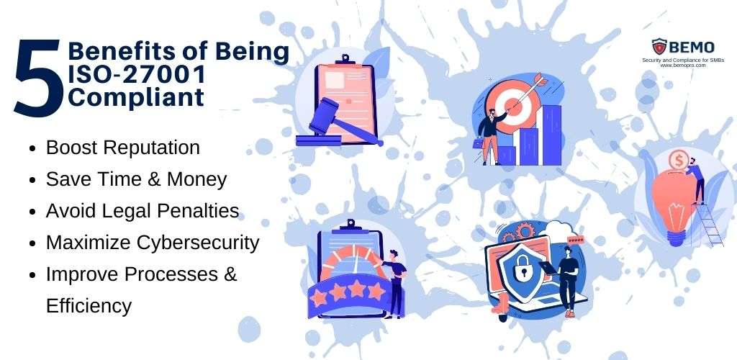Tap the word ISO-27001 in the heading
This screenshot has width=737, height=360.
pyautogui.click(x=137, y=74)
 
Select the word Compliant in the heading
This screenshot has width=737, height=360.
pyautogui.click(x=136, y=96)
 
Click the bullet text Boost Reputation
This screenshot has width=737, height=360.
pyautogui.click(x=123, y=148)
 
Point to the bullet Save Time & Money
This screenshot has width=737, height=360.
pyautogui.click(x=136, y=179)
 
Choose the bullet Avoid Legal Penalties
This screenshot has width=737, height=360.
pyautogui.click(x=143, y=211)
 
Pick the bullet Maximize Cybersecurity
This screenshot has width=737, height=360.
pyautogui.click(x=152, y=243)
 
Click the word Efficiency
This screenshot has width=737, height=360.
pyautogui.click(x=89, y=306)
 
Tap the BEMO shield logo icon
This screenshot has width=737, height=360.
pyautogui.click(x=659, y=48)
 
